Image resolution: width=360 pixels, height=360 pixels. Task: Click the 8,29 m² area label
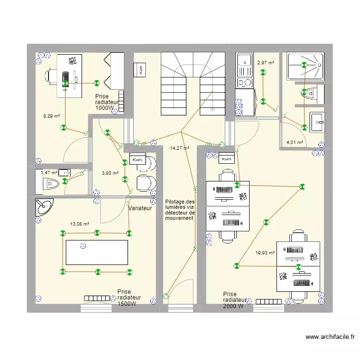point(51,116)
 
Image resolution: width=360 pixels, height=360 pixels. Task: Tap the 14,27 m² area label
point(180,148)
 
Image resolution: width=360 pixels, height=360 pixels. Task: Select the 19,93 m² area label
point(265,252)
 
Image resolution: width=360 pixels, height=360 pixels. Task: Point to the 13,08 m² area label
point(79,223)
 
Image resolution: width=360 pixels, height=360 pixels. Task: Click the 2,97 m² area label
point(265,62)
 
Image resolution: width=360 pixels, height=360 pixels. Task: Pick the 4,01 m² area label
point(295,142)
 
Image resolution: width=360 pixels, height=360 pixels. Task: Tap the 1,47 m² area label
point(49,173)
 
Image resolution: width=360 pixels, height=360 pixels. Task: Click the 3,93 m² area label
point(110,173)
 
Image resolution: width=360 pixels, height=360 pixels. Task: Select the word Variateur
point(140,208)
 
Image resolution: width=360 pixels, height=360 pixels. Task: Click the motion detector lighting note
point(180,210)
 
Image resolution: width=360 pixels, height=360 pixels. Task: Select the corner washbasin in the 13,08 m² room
point(43,207)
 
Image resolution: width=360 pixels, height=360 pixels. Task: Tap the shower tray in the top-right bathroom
point(305,66)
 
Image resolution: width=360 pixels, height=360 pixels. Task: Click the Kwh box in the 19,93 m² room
point(227,159)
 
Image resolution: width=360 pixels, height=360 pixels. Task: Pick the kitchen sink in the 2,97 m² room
point(245,61)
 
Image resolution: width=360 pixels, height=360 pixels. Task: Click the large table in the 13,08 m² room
point(96,252)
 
